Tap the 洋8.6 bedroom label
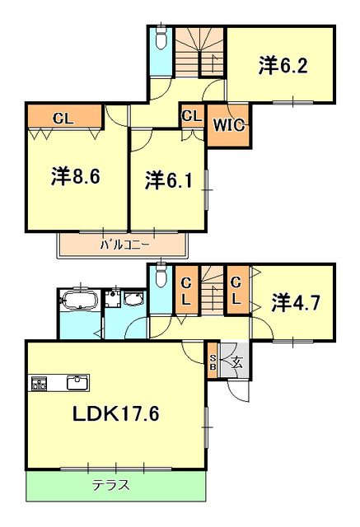pos(75,176)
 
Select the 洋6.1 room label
pos(169,180)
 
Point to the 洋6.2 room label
pos(283,66)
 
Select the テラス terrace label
pos(110,485)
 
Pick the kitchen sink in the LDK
pos(77,383)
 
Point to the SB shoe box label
pos(213,362)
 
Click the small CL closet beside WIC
pos(192,116)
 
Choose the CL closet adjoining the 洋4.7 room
pos(236,290)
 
